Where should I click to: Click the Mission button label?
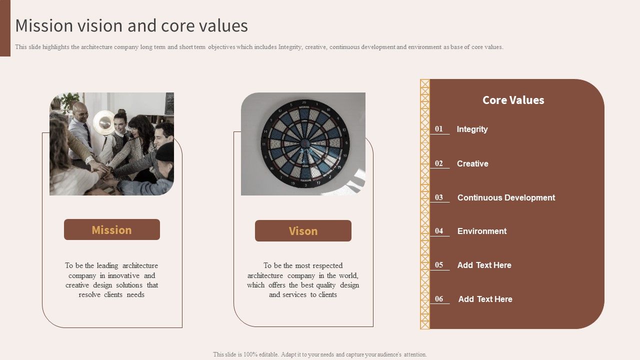pos(111,230)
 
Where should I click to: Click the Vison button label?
pos(303,231)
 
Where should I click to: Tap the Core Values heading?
pos(513,100)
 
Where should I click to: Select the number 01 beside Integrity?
pos(439,129)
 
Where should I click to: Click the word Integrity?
pos(472,129)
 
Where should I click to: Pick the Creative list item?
pos(472,163)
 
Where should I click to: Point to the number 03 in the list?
pos(439,197)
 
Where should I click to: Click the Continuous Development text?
pos(506,197)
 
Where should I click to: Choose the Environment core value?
pos(482,231)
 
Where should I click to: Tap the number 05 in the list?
pos(439,265)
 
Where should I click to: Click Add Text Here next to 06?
pos(485,299)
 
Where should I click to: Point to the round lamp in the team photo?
pos(104,121)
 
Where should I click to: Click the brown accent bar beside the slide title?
pos(5,28)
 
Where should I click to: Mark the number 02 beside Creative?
pos(439,163)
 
